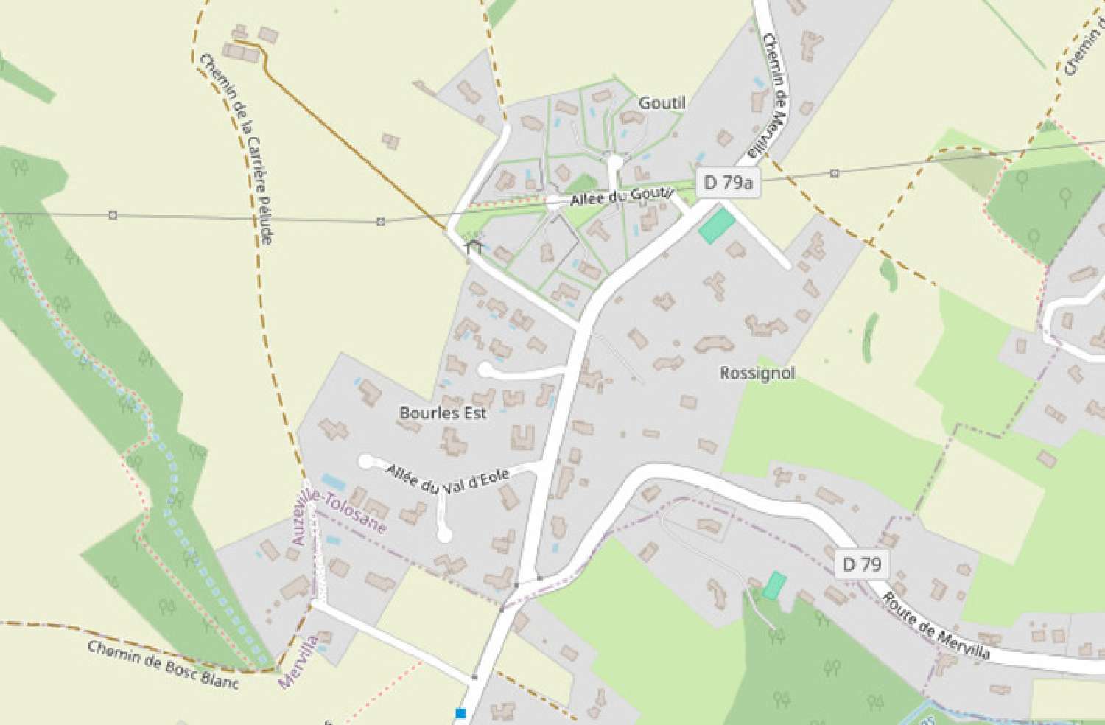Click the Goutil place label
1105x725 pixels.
pos(662,103)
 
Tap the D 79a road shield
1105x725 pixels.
pos(728,183)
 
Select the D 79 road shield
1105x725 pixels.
pos(861,564)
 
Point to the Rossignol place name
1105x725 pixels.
pos(757,373)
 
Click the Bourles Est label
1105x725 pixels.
pos(443,413)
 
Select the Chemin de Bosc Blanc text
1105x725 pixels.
pos(163,665)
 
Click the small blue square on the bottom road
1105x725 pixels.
pos(460,712)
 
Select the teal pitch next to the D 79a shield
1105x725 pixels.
pos(717,225)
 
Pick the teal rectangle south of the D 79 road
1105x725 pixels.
pos(773,586)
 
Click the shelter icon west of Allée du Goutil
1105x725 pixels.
pos(473,245)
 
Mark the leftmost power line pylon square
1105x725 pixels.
pos(113,215)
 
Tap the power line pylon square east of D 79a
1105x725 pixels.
pos(834,173)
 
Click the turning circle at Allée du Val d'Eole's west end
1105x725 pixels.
pos(365,461)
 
